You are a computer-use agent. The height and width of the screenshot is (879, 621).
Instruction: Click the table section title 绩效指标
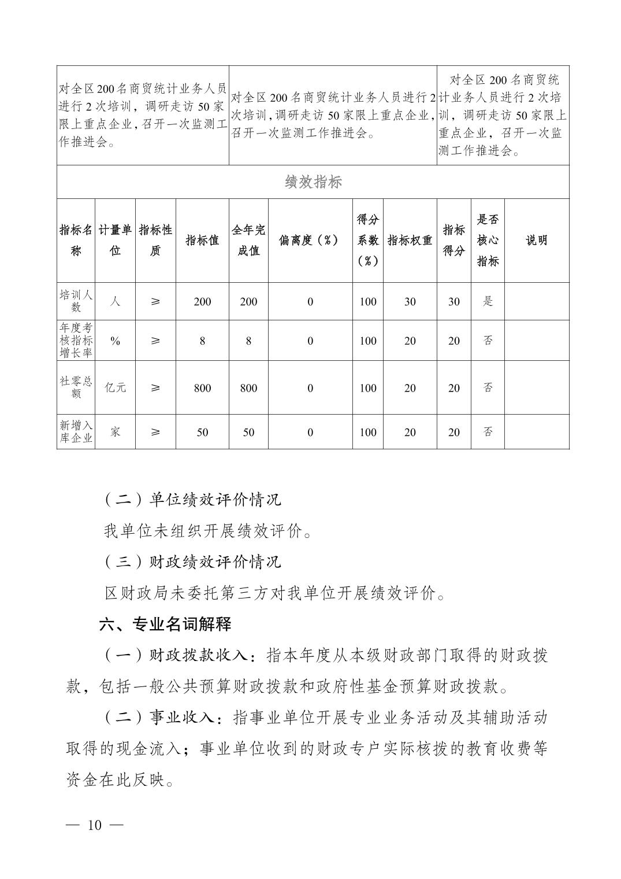pos(313,182)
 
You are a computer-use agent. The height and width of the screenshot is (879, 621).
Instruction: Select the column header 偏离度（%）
pos(310,240)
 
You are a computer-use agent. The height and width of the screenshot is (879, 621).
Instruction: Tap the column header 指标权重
pos(410,240)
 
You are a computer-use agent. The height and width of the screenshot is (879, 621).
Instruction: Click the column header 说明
pos(536,240)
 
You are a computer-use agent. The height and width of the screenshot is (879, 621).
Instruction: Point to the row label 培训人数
pos(76,301)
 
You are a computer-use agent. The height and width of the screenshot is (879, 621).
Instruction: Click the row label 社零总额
pos(76,387)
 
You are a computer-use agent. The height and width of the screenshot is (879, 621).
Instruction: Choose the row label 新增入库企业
pos(76,431)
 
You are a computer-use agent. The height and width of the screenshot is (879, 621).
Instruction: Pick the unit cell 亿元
pos(115,387)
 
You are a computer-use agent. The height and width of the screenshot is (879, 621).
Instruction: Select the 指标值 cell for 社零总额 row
pos(202,388)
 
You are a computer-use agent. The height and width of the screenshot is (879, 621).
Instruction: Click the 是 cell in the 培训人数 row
pos(488,301)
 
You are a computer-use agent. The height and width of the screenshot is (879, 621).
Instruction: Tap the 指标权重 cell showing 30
pos(410,301)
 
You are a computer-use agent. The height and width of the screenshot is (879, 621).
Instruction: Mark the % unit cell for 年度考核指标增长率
pos(115,341)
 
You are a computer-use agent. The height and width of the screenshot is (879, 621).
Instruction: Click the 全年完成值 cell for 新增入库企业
pos(248,432)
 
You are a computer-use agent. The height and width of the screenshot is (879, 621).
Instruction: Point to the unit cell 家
pos(115,431)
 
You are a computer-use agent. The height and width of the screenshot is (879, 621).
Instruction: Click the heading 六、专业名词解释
pos(165,624)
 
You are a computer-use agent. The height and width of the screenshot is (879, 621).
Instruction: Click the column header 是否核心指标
pos(488,240)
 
